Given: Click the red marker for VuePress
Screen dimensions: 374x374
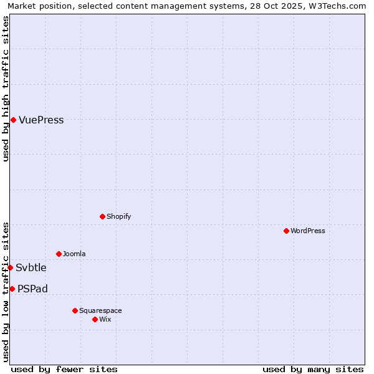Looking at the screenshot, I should [x=13, y=120].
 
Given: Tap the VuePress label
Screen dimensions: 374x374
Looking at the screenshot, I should [x=41, y=120].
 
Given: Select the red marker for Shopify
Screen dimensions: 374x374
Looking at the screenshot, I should [x=102, y=216].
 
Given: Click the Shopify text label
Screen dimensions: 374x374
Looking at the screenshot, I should [x=118, y=216].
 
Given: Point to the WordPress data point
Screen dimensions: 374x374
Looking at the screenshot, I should [x=286, y=231].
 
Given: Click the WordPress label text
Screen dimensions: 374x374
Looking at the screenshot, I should [x=307, y=231].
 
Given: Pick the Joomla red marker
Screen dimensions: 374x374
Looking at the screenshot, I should [x=59, y=254].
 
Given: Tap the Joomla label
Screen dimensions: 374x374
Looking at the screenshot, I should [x=74, y=254].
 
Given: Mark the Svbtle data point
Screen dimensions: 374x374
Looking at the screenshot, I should [x=10, y=267].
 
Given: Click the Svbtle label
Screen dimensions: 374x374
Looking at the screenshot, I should [x=31, y=268].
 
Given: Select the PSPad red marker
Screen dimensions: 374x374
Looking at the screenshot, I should [x=12, y=289].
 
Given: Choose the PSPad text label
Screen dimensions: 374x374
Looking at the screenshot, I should [x=32, y=289].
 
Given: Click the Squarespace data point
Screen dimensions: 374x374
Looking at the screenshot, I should [x=75, y=310].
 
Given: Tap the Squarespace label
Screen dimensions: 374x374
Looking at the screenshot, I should [x=100, y=310].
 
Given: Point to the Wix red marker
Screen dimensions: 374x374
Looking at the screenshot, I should [x=95, y=319].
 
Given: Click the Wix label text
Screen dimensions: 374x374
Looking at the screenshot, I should [x=105, y=319].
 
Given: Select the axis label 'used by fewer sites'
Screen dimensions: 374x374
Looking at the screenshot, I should [x=64, y=369].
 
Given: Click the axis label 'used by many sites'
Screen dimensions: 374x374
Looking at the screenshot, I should [x=313, y=369].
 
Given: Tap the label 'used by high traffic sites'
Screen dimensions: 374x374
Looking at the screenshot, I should [x=6, y=89].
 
